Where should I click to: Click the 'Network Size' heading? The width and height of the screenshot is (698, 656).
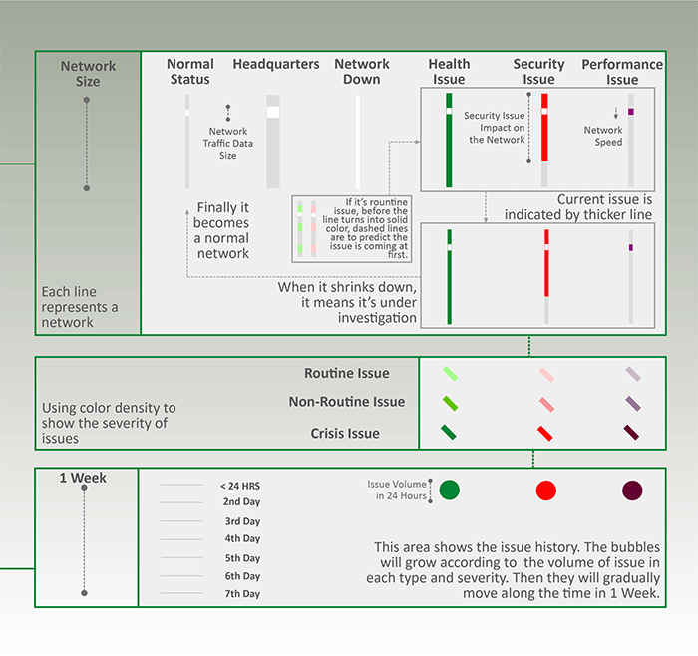[x=88, y=74]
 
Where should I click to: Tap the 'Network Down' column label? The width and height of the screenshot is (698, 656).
[x=361, y=72]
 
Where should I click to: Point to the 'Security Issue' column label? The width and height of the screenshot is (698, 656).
[x=539, y=72]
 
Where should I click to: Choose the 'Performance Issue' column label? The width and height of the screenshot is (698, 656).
[x=622, y=72]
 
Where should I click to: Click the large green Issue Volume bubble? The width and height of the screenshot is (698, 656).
[x=450, y=490]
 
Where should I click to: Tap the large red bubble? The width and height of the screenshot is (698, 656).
[x=545, y=491]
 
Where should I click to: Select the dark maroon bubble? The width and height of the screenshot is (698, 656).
[x=632, y=491]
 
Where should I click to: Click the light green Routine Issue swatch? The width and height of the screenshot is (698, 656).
[x=450, y=374]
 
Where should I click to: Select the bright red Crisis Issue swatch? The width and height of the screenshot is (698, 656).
[x=545, y=434]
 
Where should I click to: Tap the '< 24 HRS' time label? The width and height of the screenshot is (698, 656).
[x=240, y=486]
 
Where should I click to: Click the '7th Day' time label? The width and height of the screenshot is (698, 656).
[x=242, y=594]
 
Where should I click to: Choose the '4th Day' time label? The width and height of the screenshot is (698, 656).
[x=242, y=539]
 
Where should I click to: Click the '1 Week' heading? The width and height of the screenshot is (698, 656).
[x=83, y=478]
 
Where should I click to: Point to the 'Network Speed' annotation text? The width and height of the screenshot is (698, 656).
[x=603, y=136]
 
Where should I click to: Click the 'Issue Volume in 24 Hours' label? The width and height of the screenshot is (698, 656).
[x=397, y=490]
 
